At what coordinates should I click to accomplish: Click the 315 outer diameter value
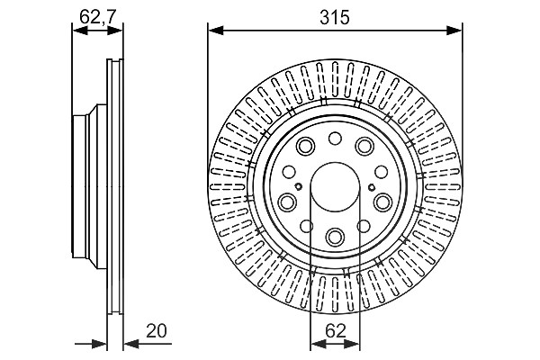coord(335,17)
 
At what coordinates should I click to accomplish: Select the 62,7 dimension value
coord(98,16)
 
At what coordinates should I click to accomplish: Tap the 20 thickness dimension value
coord(157,330)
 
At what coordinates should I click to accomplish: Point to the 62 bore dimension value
coord(335,331)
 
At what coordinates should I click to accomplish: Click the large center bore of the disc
coord(335,187)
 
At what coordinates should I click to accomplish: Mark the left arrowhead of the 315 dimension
coord(216,31)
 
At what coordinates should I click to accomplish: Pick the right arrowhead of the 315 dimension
coord(454,31)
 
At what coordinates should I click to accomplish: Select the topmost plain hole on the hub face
coord(335,139)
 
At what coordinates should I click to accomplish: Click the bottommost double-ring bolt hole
coord(335,237)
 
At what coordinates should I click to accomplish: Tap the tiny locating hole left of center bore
coord(299,186)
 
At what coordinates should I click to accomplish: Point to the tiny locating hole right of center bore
coord(371,187)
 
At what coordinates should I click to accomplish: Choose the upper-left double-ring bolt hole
coord(305,146)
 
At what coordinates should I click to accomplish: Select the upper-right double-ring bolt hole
coord(364,146)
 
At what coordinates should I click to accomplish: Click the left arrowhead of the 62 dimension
coord(318,344)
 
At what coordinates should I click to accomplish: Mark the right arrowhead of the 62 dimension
coord(352,344)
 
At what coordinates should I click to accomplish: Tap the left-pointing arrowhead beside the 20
coord(131,344)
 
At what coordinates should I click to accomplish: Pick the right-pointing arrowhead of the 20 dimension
coord(100,344)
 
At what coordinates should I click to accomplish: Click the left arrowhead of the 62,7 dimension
coord(80,31)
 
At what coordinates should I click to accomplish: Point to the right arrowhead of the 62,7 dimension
coord(115,31)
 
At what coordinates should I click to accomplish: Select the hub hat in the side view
coord(89,186)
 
